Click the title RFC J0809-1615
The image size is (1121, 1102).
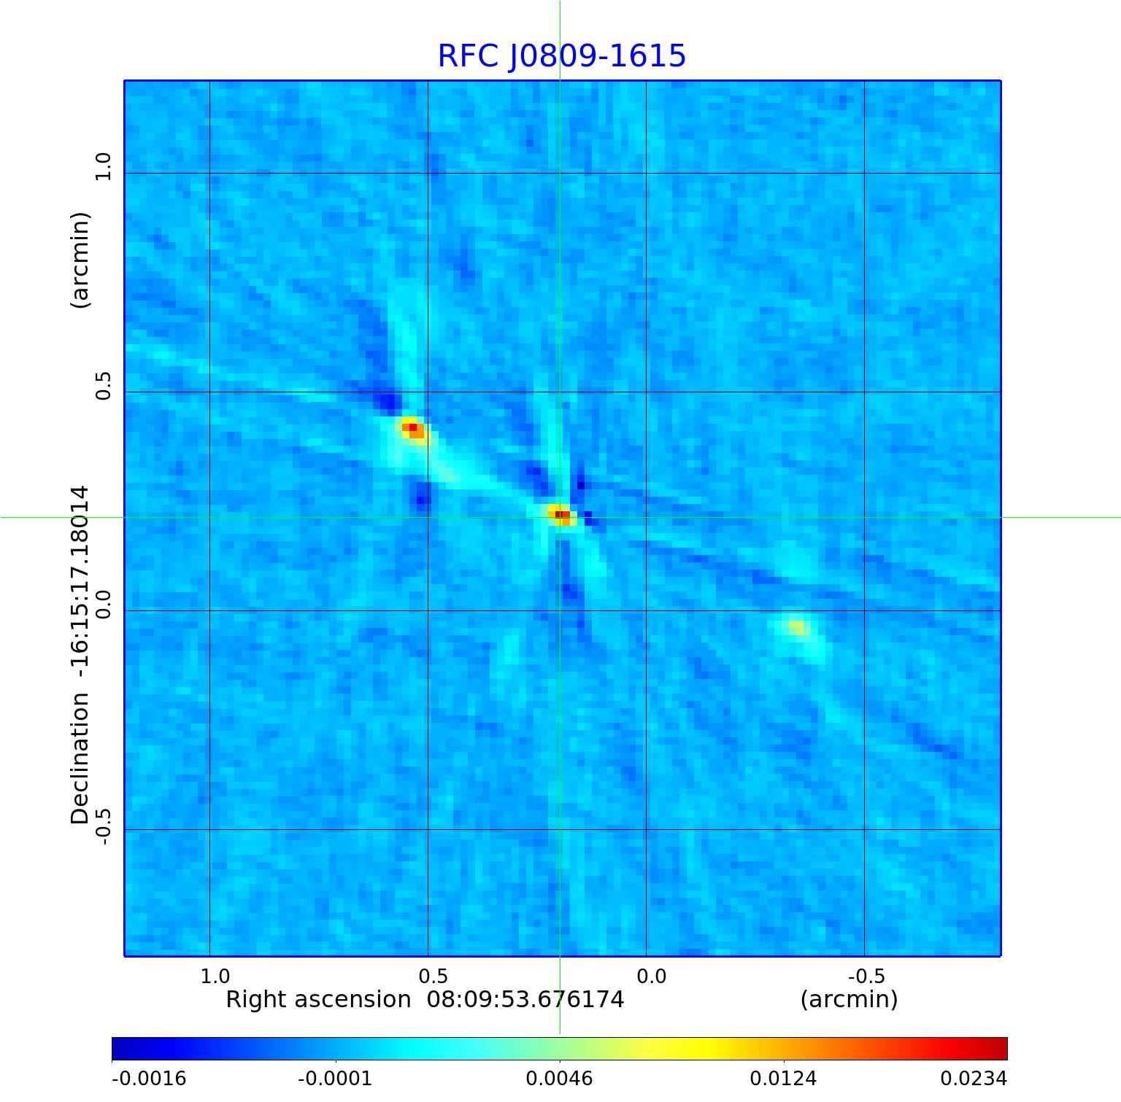pos(561,56)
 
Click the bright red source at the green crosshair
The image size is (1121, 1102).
pos(560,515)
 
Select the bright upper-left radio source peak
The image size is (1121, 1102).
pos(413,428)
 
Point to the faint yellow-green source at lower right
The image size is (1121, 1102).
pos(798,627)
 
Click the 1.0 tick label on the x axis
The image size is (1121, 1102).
pos(215,976)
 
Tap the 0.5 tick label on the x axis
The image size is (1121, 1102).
pos(434,976)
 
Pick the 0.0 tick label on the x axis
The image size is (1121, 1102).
pos(652,976)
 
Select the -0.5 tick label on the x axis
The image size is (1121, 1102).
pos(866,976)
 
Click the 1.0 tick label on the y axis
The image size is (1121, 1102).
pos(103,166)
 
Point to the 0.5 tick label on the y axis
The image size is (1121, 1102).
pos(103,385)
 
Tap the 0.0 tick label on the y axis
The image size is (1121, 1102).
pos(103,604)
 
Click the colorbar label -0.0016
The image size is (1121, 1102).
pos(149,1078)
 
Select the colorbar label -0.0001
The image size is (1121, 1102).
pos(335,1078)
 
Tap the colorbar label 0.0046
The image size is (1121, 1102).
pos(559,1078)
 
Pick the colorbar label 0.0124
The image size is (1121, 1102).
pos(783,1078)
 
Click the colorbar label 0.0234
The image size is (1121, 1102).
pos(973,1078)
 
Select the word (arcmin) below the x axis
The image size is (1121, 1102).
pos(849,999)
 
